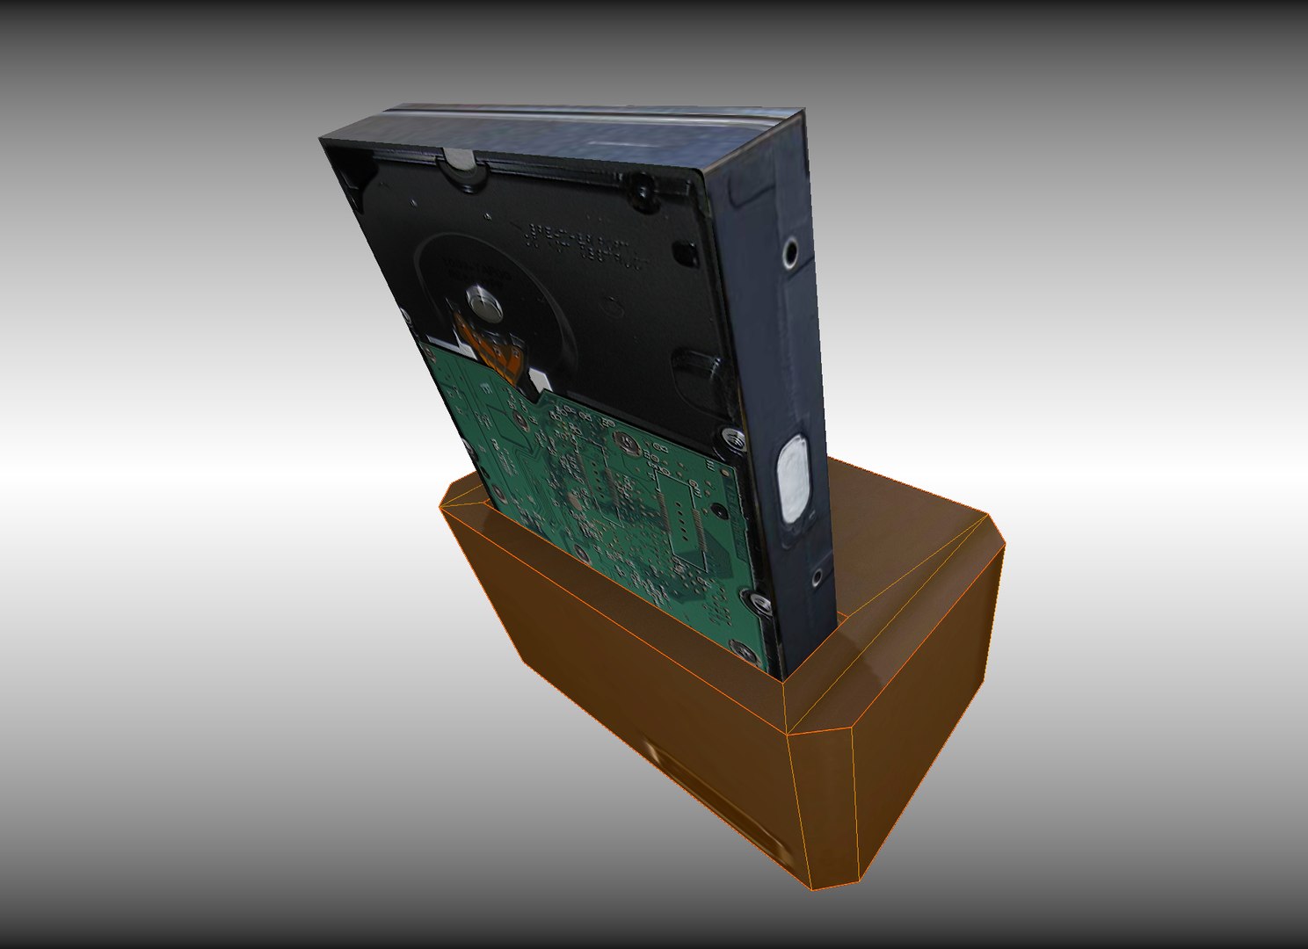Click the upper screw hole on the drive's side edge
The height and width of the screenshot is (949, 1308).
(791, 254)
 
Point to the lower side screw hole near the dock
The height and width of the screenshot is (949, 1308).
(817, 577)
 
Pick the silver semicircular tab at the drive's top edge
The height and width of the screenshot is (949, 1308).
(460, 159)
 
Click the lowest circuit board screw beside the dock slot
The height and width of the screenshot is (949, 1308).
(743, 652)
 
